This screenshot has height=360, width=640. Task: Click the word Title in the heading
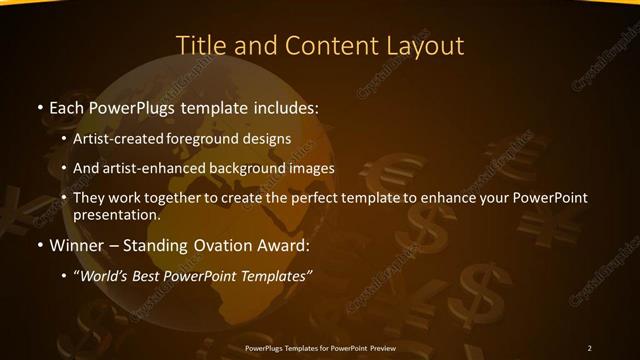tap(200, 46)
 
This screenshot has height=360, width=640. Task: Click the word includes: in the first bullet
tap(284, 106)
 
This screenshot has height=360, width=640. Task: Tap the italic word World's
tap(105, 277)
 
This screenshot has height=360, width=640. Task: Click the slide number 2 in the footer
tap(590, 347)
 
